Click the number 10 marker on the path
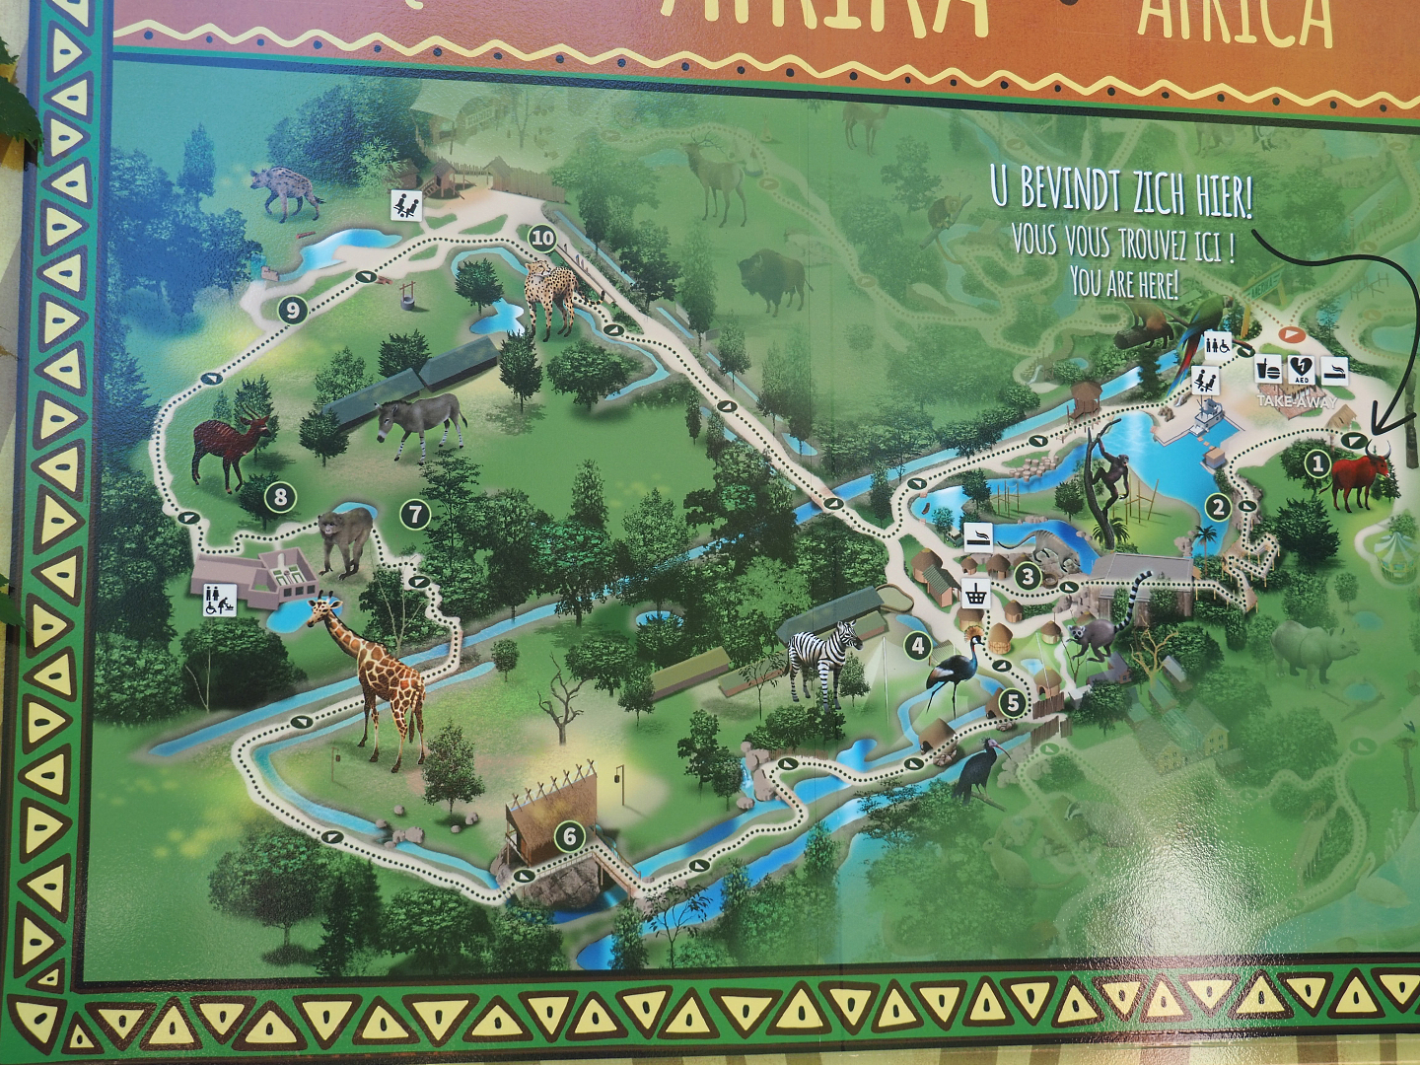point(542,238)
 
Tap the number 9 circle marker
point(292,310)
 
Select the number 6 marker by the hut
point(570,837)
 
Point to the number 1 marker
point(1317,461)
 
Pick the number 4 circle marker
point(918,646)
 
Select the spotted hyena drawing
point(284,193)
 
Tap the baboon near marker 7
point(344,539)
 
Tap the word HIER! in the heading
point(1223,197)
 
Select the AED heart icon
point(1301,369)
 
